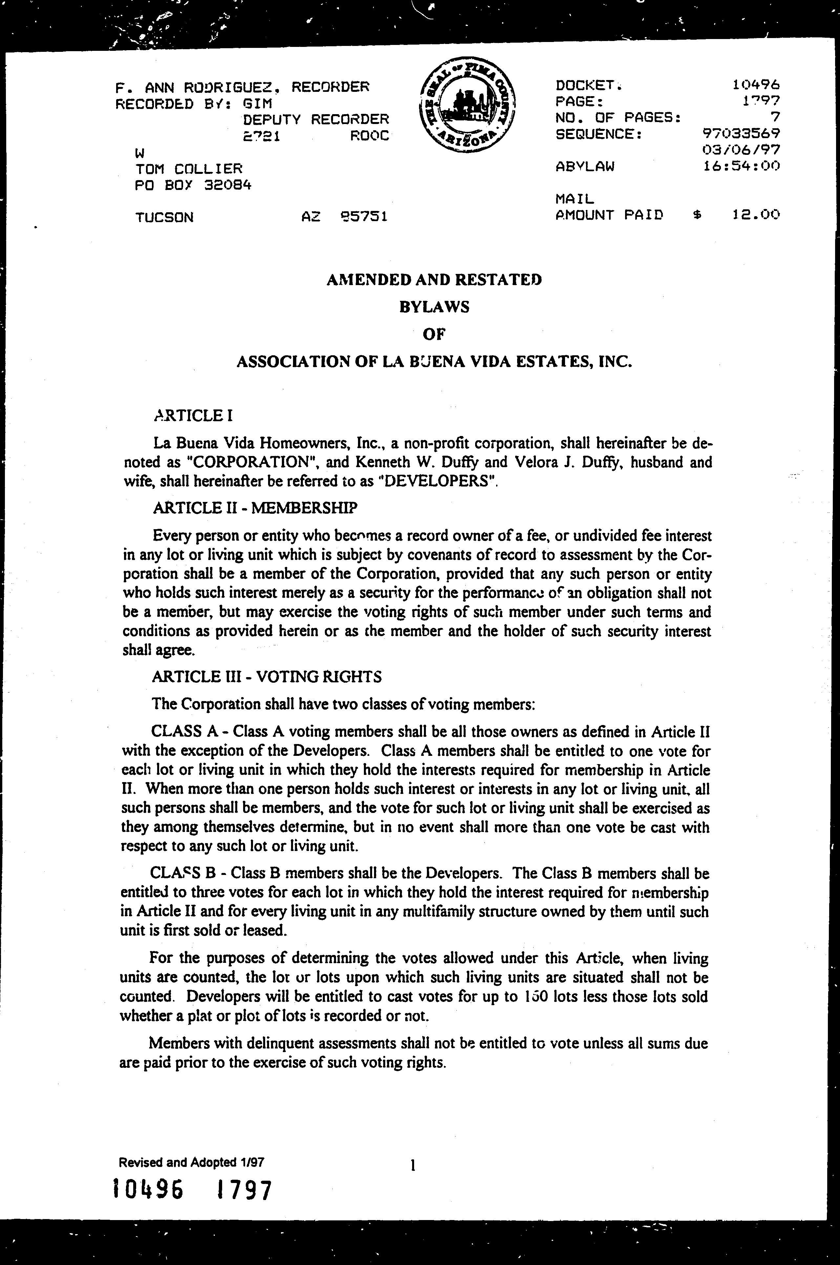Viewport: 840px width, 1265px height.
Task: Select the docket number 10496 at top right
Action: click(756, 85)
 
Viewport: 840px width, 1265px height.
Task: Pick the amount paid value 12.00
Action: click(755, 215)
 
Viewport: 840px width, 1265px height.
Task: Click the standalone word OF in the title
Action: click(434, 334)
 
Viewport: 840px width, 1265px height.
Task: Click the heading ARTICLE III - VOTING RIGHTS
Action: click(267, 677)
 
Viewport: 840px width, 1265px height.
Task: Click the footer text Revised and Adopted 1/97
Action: click(191, 1162)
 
